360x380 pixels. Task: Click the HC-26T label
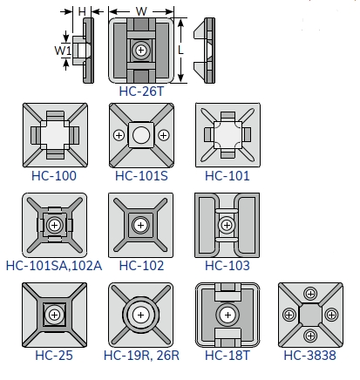141,92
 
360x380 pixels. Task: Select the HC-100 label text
54,176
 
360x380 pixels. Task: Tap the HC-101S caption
141,176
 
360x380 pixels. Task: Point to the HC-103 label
228,266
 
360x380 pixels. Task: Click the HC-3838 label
310,356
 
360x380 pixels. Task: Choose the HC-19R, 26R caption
141,356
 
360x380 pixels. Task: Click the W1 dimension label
63,51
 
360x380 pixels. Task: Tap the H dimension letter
82,11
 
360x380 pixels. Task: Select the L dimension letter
180,51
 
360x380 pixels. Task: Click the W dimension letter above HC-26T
141,11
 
